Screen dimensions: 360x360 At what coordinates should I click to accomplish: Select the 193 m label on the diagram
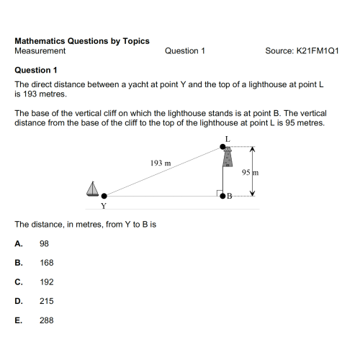pyautogui.click(x=161, y=163)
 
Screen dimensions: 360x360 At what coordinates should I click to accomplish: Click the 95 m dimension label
pyautogui.click(x=250, y=173)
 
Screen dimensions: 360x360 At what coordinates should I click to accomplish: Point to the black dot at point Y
pyautogui.click(x=104, y=195)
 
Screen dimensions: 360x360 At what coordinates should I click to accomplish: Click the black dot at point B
pyautogui.click(x=222, y=195)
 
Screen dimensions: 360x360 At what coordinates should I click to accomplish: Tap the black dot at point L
pyautogui.click(x=222, y=148)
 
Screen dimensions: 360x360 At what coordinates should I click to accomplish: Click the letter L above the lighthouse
pyautogui.click(x=228, y=138)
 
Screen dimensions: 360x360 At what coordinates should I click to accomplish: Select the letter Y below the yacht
pyautogui.click(x=104, y=206)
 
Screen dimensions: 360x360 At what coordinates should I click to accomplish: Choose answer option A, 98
pyautogui.click(x=44, y=244)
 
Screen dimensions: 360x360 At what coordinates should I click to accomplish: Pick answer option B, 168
pyautogui.click(x=46, y=263)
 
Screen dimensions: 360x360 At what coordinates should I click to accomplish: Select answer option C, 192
pyautogui.click(x=46, y=282)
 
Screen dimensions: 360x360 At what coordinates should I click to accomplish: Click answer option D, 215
pyautogui.click(x=46, y=301)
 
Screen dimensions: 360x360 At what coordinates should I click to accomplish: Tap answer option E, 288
pyautogui.click(x=46, y=320)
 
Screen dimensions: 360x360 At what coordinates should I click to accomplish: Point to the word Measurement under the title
pyautogui.click(x=40, y=51)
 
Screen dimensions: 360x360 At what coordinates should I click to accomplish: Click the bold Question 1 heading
pyautogui.click(x=35, y=70)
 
